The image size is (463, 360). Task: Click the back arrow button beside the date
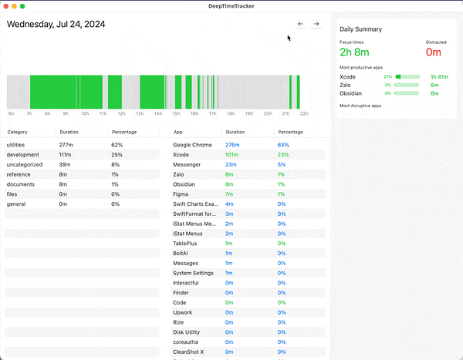tap(300, 24)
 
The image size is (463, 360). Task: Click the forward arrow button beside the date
tap(316, 24)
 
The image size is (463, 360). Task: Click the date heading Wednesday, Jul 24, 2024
tap(56, 24)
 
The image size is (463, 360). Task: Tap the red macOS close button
tap(6, 6)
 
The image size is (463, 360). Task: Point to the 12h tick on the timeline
tap(121, 113)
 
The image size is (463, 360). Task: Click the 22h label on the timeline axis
tap(304, 113)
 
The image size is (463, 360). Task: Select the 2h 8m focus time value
tap(357, 52)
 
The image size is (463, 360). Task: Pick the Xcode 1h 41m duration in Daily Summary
tap(439, 77)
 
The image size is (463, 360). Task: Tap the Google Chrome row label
tap(193, 145)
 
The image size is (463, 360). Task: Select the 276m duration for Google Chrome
tap(232, 145)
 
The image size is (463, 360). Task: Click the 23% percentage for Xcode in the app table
tap(282, 155)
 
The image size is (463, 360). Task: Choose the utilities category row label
tap(18, 145)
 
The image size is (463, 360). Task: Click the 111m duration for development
tap(66, 155)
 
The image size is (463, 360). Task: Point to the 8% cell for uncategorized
tap(116, 165)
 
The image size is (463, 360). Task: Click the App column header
tap(178, 133)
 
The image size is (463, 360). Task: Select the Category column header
tap(18, 133)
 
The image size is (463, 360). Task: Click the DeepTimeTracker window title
tap(231, 6)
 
